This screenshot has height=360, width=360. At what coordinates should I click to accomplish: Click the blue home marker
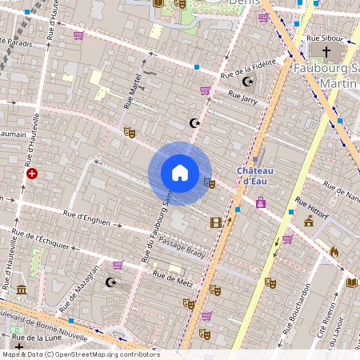[x=180, y=173]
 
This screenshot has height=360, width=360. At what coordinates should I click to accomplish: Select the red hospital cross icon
[x=31, y=173]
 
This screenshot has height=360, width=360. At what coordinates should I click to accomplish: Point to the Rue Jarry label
[x=242, y=97]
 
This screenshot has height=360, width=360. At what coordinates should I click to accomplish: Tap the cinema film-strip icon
[x=215, y=222]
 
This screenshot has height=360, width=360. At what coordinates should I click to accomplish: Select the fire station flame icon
[x=334, y=251]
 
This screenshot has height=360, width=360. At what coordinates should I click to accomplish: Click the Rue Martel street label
[x=131, y=92]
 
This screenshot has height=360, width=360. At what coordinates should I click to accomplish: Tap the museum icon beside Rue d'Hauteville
[x=22, y=289]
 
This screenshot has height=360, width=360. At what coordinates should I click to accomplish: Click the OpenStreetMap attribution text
[x=80, y=354]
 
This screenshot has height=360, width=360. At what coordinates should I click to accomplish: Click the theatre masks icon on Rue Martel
[x=130, y=132]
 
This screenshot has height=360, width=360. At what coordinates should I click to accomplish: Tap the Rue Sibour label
[x=324, y=38]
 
